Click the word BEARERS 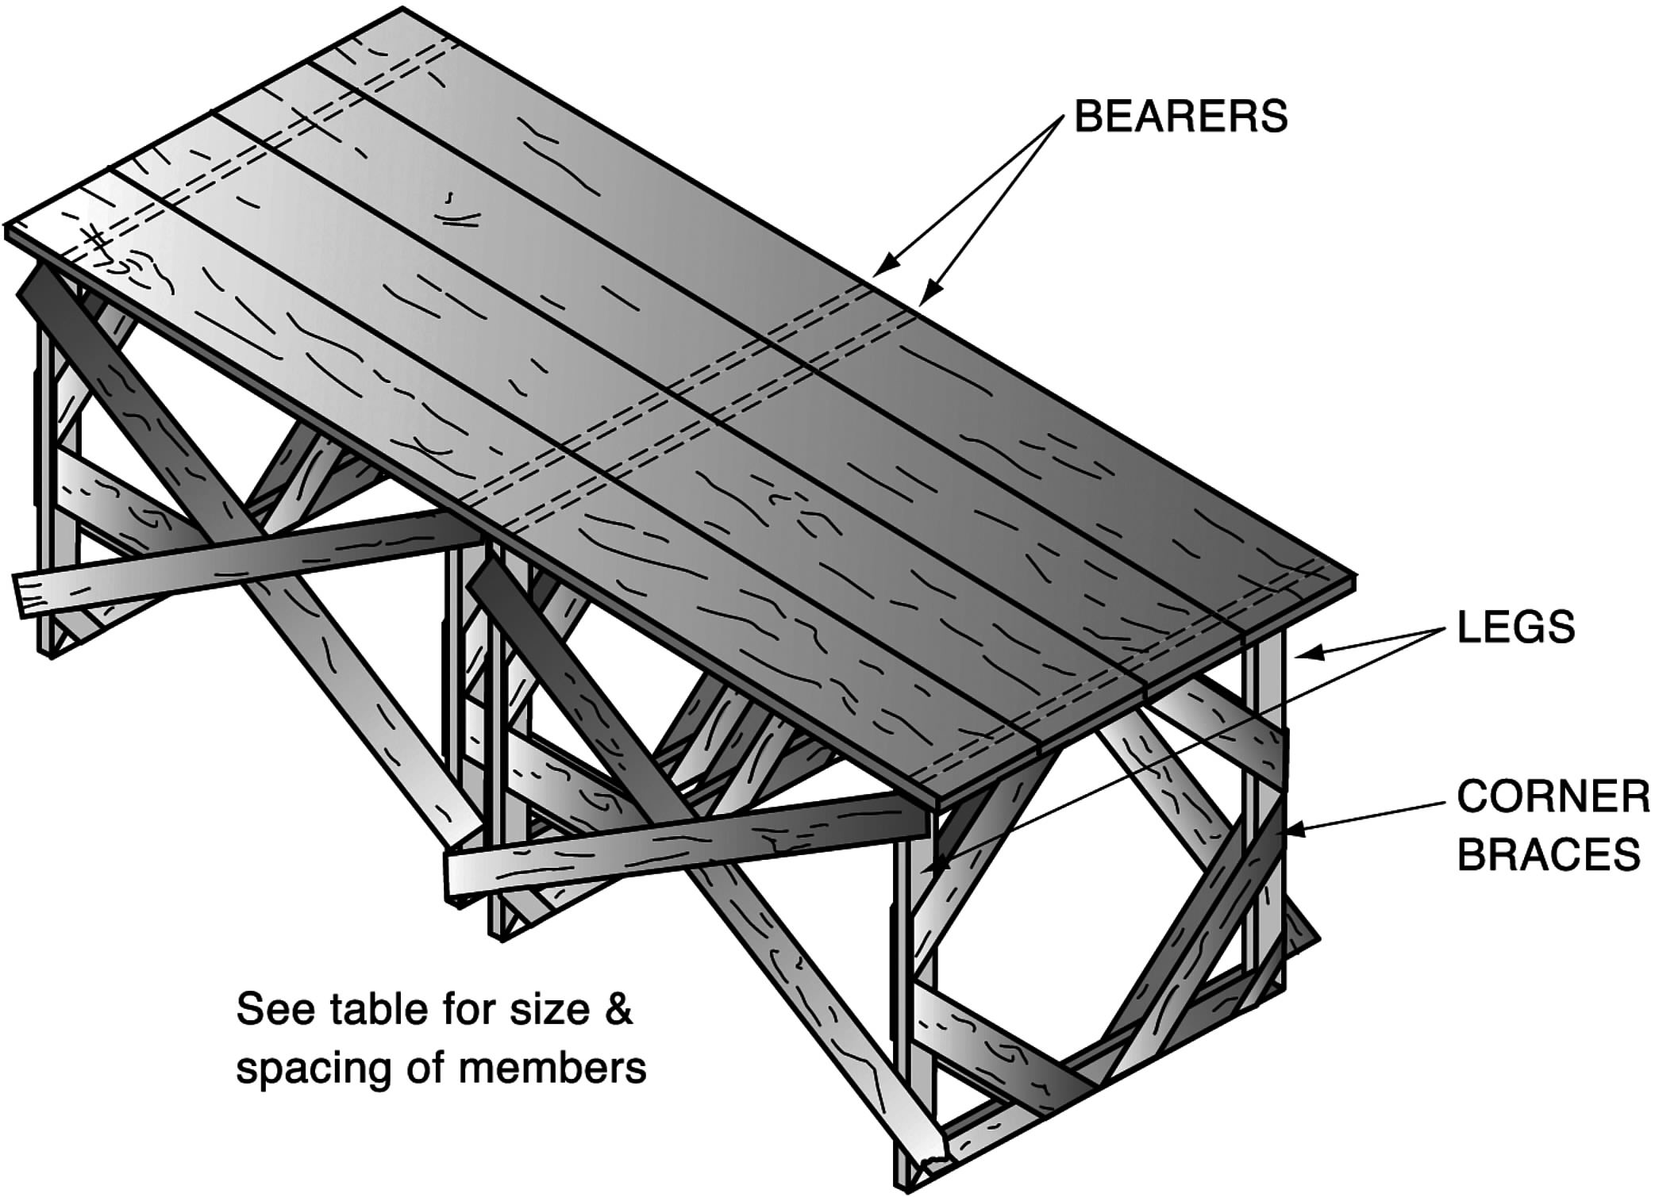[x=1180, y=117]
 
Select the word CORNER [x=1553, y=796]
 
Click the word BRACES [x=1549, y=854]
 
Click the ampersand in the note [x=618, y=1011]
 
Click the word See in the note [x=265, y=1010]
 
